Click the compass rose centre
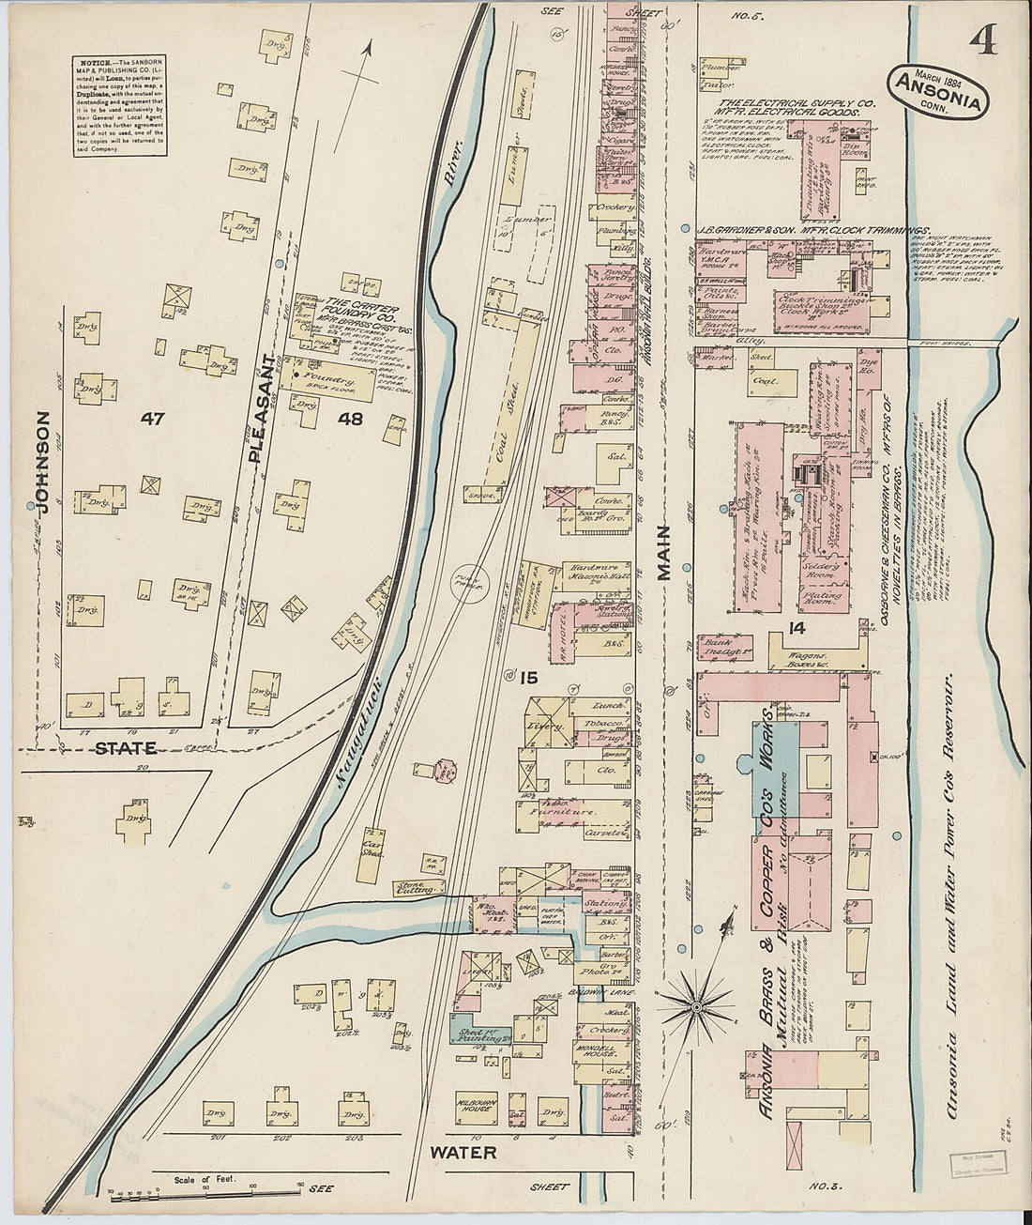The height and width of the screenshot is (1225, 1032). click(696, 1006)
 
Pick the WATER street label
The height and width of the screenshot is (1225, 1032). click(463, 1151)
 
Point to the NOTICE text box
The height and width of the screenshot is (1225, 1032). click(117, 105)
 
